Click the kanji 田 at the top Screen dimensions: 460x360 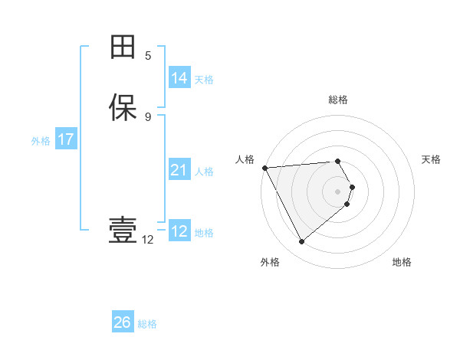pos(123,47)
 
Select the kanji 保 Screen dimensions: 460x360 pos(123,107)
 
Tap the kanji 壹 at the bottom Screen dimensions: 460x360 pos(123,231)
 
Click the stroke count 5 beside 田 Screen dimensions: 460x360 pos(148,56)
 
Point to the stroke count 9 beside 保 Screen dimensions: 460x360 pos(148,116)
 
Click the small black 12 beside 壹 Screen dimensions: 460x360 pos(147,240)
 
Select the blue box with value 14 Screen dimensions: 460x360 pos(179,78)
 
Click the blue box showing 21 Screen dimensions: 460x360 pos(179,170)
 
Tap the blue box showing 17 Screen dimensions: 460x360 pos(65,139)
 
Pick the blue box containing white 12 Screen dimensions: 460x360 pos(179,231)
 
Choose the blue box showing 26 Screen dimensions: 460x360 pos(122,322)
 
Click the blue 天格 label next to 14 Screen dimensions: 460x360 pos(204,79)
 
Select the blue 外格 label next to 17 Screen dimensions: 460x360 pos(41,140)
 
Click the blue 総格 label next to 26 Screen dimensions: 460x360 pos(147,323)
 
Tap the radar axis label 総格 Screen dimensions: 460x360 pos(338,100)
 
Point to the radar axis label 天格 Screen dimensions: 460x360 pos(431,159)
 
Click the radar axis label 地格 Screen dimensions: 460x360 pos(402,262)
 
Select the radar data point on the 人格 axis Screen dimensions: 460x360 pos(264,167)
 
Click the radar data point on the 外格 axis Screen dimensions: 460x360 pos(301,242)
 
